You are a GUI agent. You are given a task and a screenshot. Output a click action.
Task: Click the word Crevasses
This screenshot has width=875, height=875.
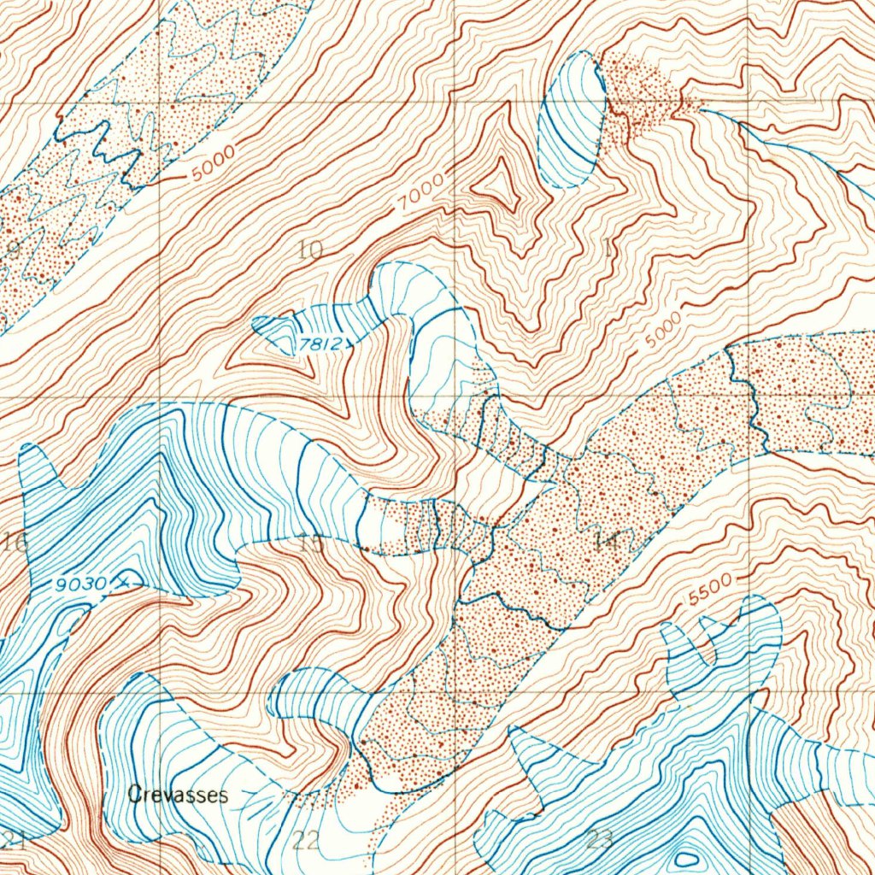[x=178, y=796]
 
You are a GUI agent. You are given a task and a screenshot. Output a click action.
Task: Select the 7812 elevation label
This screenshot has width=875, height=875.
[x=320, y=345]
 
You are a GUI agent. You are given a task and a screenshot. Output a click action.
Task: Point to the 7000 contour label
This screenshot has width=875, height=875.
[x=423, y=193]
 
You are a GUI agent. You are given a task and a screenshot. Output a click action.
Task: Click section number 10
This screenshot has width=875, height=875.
[x=311, y=250]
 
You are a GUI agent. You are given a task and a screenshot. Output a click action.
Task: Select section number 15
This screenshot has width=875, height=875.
[x=313, y=542]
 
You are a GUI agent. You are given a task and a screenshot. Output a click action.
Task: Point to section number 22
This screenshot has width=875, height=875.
[x=306, y=839]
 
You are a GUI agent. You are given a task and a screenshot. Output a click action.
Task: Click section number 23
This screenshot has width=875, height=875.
[x=600, y=839]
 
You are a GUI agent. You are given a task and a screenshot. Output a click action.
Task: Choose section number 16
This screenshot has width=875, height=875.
[x=15, y=540]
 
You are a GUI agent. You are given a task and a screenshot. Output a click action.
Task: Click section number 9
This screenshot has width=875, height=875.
[x=11, y=250]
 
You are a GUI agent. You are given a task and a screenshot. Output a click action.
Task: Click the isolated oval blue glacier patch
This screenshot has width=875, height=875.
[x=573, y=120]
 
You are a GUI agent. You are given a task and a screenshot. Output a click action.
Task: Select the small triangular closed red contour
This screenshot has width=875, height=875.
[x=500, y=186]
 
